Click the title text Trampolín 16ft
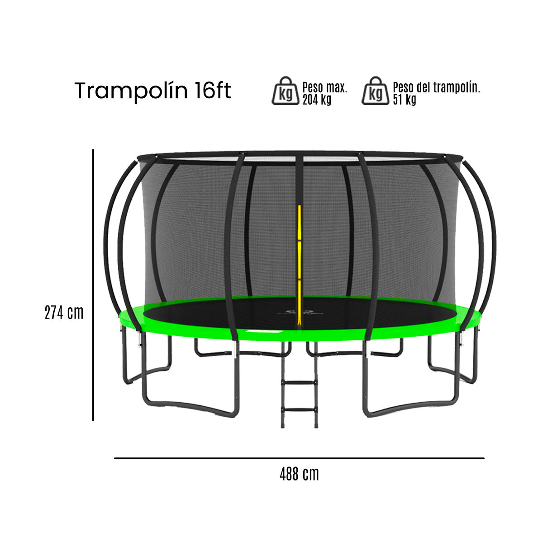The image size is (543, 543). pyautogui.click(x=152, y=91)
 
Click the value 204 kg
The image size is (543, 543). pyautogui.click(x=317, y=100)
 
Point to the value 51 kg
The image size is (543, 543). pyautogui.click(x=404, y=100)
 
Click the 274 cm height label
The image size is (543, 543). pyautogui.click(x=64, y=313)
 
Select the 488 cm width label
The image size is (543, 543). pyautogui.click(x=299, y=474)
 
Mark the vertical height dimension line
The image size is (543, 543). pyautogui.click(x=93, y=285)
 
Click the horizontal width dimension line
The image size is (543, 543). pyautogui.click(x=299, y=458)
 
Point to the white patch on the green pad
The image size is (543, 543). pyautogui.click(x=262, y=333)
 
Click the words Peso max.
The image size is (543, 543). pyautogui.click(x=324, y=87)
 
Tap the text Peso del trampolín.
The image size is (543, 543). pyautogui.click(x=436, y=87)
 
